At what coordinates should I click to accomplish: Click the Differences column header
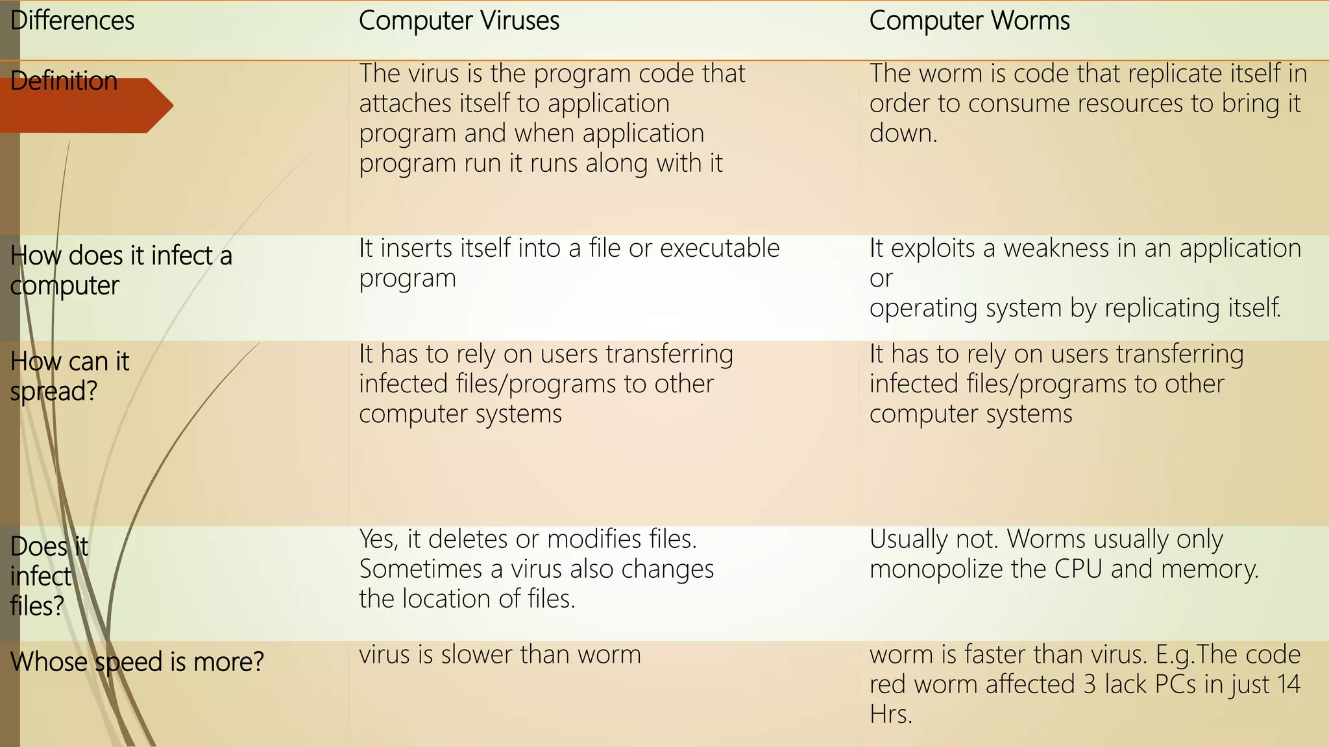point(73,21)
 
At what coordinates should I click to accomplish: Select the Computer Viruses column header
point(459,21)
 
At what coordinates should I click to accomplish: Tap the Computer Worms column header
point(969,21)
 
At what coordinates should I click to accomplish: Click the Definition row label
point(64,82)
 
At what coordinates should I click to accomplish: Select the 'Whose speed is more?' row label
point(137,662)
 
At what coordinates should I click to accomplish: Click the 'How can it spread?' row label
point(69,376)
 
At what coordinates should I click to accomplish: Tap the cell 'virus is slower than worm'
point(500,655)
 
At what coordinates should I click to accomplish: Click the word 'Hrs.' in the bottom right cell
point(891,715)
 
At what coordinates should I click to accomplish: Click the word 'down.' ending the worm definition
point(903,134)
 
